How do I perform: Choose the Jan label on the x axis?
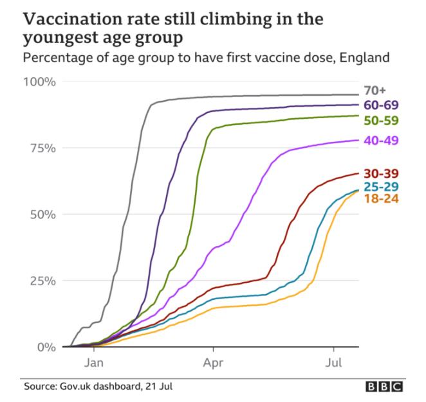click(x=94, y=363)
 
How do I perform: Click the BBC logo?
click(x=384, y=387)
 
